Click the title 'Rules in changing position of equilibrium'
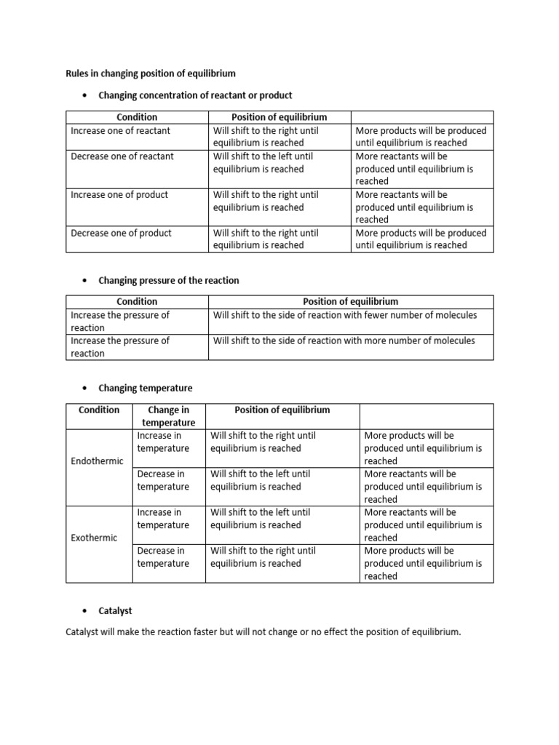point(151,73)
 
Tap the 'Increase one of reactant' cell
point(121,131)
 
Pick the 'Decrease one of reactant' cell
point(122,156)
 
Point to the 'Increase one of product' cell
point(119,195)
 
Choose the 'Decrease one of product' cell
point(121,233)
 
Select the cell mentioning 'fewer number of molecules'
point(344,315)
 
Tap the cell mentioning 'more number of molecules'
point(344,340)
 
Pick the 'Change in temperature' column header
point(169,416)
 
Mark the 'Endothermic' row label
point(97,461)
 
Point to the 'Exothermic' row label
point(94,538)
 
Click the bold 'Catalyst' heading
point(116,611)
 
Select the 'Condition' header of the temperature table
point(99,410)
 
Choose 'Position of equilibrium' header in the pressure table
point(350,301)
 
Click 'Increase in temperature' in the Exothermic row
point(163,519)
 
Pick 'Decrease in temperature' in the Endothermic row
point(163,480)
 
